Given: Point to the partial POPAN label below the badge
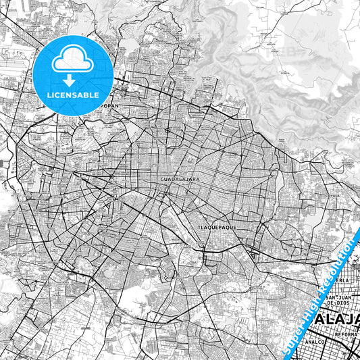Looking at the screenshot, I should [x=108, y=106].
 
